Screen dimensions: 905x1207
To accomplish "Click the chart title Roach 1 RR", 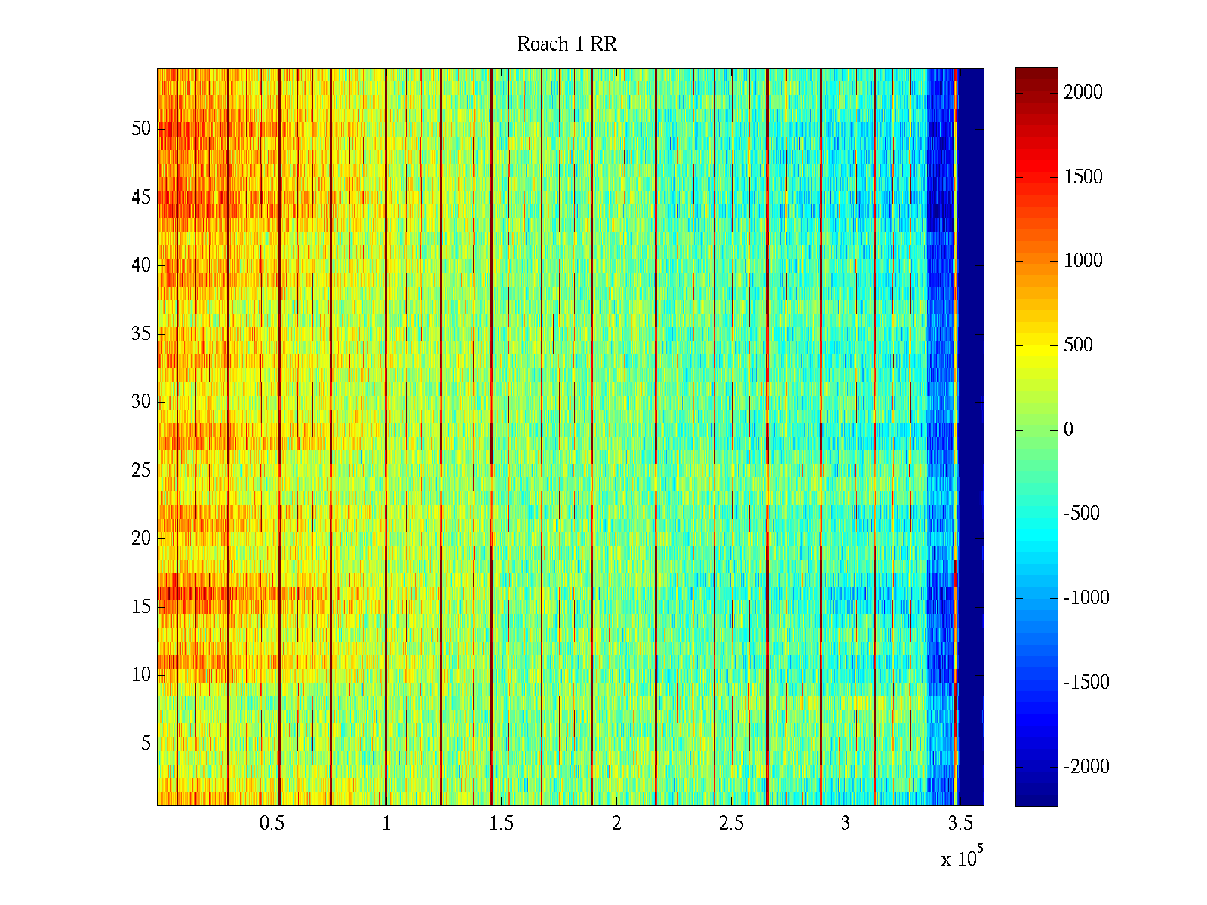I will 567,44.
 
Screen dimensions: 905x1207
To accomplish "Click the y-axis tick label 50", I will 141,129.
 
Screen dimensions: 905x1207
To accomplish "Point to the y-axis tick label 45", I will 141,198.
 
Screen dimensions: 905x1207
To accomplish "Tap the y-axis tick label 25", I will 141,471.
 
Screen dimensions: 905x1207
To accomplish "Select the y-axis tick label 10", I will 141,675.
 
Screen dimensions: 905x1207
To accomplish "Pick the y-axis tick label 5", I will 146,744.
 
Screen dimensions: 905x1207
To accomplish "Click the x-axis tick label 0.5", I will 272,824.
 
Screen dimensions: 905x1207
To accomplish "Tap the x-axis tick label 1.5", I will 501,824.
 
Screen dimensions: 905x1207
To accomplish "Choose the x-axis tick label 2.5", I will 730,824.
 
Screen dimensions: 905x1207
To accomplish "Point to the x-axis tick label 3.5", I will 960,824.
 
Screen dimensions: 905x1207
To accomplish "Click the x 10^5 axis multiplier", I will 962,858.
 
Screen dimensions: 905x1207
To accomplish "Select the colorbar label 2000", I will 1083,93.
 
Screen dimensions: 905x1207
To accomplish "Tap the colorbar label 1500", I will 1083,177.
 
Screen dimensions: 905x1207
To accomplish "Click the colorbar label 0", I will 1068,430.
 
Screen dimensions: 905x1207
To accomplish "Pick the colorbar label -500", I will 1081,514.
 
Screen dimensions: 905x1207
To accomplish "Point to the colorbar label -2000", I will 1086,767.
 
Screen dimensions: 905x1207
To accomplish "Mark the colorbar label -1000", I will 1086,598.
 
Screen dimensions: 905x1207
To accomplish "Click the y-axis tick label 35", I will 141,334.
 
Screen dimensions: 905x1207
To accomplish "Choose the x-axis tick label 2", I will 616,824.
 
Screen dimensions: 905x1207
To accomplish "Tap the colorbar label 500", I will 1078,345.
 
